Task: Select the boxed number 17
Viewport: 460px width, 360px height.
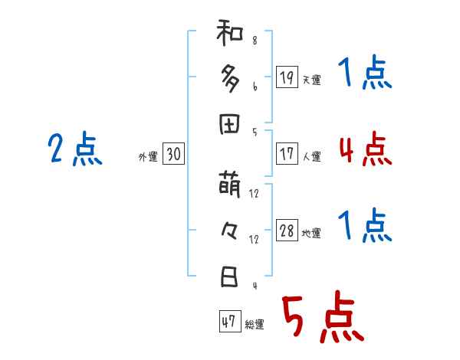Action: click(286, 153)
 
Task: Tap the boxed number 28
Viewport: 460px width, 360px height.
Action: click(286, 231)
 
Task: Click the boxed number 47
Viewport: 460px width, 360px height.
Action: click(229, 322)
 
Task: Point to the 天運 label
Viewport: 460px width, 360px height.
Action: click(311, 80)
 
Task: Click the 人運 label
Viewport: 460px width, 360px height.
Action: click(311, 157)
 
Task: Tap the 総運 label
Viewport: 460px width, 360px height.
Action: click(255, 325)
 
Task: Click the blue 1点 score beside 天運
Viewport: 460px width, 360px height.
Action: click(365, 74)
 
